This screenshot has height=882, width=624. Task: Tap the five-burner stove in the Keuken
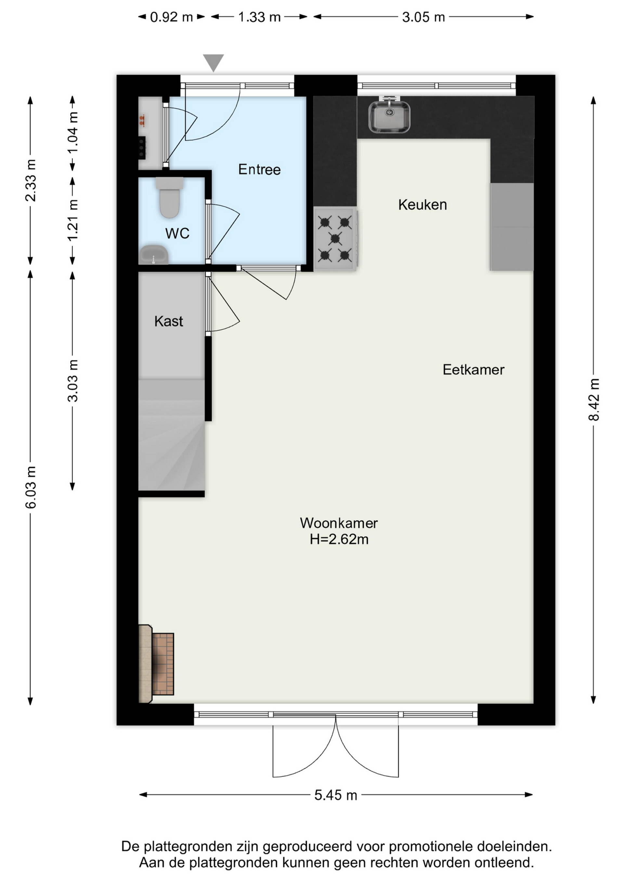(x=335, y=239)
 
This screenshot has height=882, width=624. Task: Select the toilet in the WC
(x=169, y=198)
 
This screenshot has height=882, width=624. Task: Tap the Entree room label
(x=259, y=169)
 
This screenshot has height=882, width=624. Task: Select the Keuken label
(x=422, y=205)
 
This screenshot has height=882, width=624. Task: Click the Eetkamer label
(x=474, y=370)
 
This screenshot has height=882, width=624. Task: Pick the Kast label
(x=169, y=321)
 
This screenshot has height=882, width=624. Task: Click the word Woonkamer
(x=339, y=523)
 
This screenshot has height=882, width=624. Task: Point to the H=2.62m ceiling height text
(x=339, y=539)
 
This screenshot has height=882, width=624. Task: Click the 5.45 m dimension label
(x=336, y=795)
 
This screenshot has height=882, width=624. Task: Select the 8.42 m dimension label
(x=594, y=399)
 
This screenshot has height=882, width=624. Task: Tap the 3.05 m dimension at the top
(x=423, y=17)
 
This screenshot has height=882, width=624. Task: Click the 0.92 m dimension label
(x=171, y=17)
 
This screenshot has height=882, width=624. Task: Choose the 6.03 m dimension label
(x=31, y=487)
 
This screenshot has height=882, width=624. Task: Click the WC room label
(x=177, y=233)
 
